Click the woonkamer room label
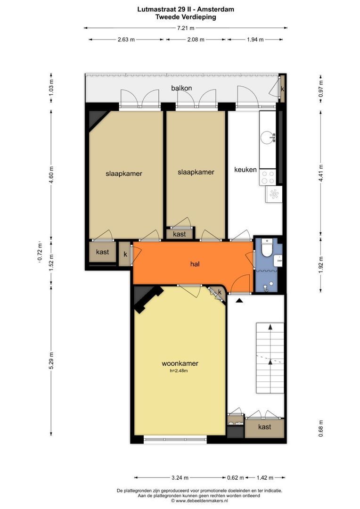pos(180,363)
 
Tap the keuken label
pos(245,170)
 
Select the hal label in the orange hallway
pos(195,264)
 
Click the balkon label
pos(181,88)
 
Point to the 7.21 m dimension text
pos(185,28)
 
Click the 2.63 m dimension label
pos(126,40)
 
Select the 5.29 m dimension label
pos(51,361)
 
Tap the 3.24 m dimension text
pos(180,477)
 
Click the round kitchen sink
pos(268,137)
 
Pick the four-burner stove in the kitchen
pos(268,177)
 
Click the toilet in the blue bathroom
pos(267,248)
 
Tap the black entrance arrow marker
pos(239,301)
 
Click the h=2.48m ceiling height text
pos(179,371)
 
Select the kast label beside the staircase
pos(264,427)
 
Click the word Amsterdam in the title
pos(215,9)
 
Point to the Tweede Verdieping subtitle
pos(186,17)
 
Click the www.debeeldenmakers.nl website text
pos(202,501)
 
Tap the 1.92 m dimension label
pos(321,264)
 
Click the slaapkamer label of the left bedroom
pos(123,173)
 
